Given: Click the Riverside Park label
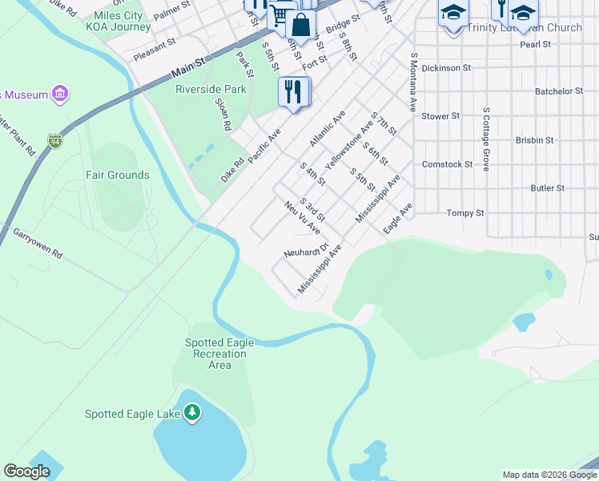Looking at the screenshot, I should click(211, 89).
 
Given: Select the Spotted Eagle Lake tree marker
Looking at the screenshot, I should click(191, 412).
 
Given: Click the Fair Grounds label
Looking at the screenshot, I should click(118, 175).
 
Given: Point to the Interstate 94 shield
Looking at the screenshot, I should click(54, 141).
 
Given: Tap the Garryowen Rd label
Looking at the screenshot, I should click(37, 241).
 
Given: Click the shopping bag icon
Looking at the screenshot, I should click(300, 25).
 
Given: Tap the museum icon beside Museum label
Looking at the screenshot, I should click(58, 95).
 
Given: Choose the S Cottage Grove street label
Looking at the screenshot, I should click(485, 138).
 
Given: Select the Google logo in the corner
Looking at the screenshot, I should click(26, 471).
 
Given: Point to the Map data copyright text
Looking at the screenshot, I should click(549, 475).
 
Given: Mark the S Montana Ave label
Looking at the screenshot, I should click(414, 83).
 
